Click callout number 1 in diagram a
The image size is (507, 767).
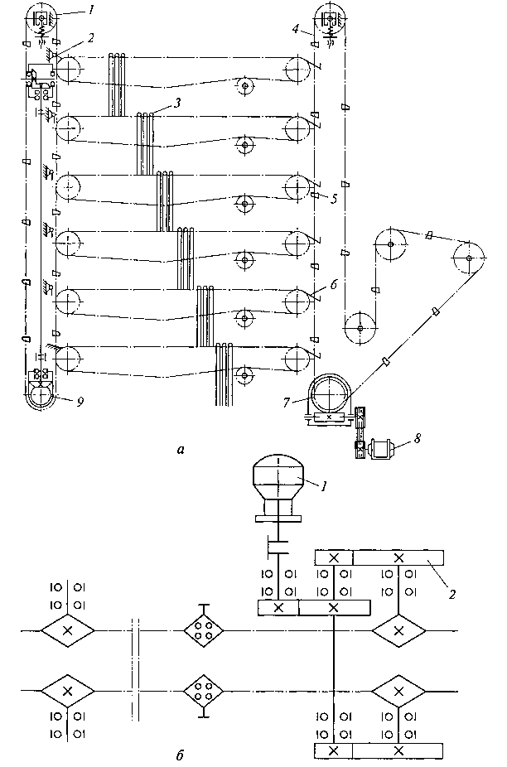click(x=90, y=10)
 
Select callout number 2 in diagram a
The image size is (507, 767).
click(x=90, y=38)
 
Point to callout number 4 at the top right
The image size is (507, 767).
click(x=295, y=29)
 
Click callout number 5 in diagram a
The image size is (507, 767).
click(x=333, y=199)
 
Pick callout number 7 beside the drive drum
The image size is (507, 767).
click(x=287, y=402)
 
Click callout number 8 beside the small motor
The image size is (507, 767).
click(x=417, y=438)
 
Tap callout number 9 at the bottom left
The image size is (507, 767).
click(x=80, y=402)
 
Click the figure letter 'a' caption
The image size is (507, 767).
click(x=181, y=449)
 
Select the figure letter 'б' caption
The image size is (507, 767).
click(x=180, y=755)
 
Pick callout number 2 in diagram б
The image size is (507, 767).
click(x=452, y=594)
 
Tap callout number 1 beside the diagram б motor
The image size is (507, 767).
click(x=324, y=485)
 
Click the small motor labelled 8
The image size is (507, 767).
click(x=380, y=448)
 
